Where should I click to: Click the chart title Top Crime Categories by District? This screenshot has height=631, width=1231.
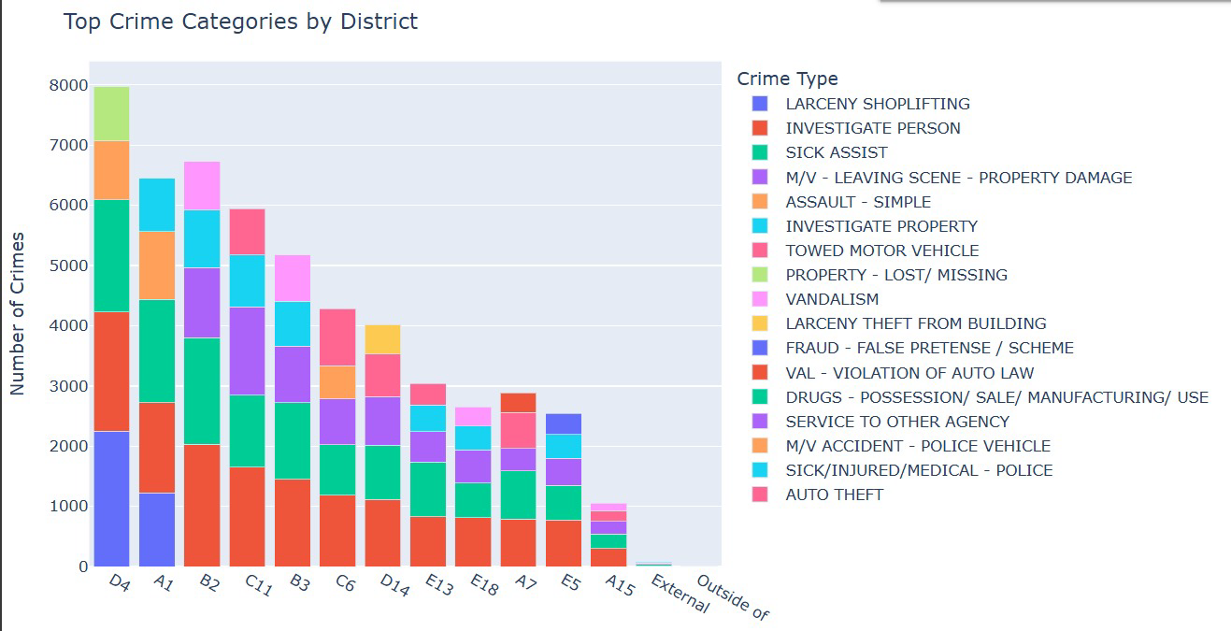pyautogui.click(x=240, y=22)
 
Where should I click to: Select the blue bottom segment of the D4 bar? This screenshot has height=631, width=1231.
pyautogui.click(x=111, y=498)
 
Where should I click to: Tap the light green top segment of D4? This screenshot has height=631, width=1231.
pyautogui.click(x=111, y=113)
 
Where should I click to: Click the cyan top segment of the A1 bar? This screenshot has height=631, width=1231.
pyautogui.click(x=157, y=205)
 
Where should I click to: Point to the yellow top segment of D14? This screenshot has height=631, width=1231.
pyautogui.click(x=383, y=339)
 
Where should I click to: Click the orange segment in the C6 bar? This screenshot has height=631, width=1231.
pyautogui.click(x=337, y=382)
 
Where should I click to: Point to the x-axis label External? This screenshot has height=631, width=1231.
pyautogui.click(x=680, y=594)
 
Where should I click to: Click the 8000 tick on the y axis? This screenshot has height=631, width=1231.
pyautogui.click(x=68, y=85)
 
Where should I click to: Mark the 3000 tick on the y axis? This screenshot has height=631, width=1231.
pyautogui.click(x=68, y=386)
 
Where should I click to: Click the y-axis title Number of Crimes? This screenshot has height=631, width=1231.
pyautogui.click(x=18, y=313)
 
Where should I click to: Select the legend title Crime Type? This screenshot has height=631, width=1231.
pyautogui.click(x=787, y=79)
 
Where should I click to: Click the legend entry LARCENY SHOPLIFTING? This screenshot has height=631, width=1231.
pyautogui.click(x=877, y=104)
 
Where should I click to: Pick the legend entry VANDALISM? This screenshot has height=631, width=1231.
pyautogui.click(x=832, y=299)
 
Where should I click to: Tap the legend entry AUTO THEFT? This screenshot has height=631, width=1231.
pyautogui.click(x=834, y=495)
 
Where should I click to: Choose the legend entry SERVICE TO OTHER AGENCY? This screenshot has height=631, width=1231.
pyautogui.click(x=896, y=422)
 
